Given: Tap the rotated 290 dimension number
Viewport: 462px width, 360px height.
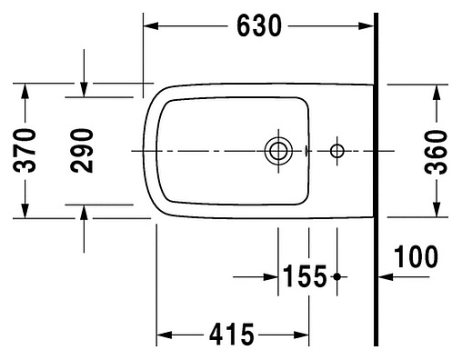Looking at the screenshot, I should tap(85, 152).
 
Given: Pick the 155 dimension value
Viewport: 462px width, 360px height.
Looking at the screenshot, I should tap(303, 275).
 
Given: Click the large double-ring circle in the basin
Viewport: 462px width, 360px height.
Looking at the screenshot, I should tap(276, 150).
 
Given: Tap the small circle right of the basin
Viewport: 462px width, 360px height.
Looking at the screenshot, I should tap(337, 150).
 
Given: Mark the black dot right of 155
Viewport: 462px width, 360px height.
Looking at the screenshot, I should tap(337, 275).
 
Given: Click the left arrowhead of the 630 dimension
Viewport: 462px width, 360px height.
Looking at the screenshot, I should tap(150, 26).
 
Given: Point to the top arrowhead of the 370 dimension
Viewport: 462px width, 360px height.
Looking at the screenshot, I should tap(27, 91).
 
